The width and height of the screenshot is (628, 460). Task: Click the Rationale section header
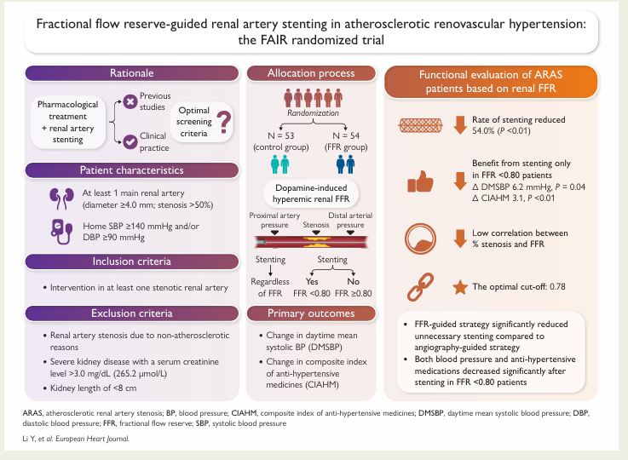(x=131, y=74)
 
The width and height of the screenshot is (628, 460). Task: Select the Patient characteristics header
(x=131, y=170)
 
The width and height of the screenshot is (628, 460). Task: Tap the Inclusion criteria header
(x=131, y=261)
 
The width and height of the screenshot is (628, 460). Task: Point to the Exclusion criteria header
(x=131, y=313)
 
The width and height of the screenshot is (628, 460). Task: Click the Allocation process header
(x=312, y=74)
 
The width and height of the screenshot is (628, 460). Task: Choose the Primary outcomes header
(x=312, y=313)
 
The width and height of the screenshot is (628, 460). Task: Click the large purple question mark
(x=224, y=124)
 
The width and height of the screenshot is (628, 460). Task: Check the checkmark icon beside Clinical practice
(x=130, y=142)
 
